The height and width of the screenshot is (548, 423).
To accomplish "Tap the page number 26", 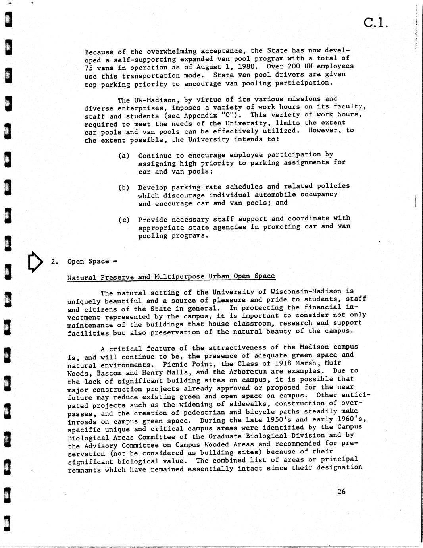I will pyautogui.click(x=341, y=492).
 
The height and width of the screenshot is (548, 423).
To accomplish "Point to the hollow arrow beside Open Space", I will pyautogui.click(x=36, y=261).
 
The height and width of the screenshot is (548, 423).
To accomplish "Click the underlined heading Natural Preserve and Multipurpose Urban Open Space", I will pyautogui.click(x=171, y=277).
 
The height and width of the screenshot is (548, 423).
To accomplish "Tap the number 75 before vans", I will pyautogui.click(x=88, y=68).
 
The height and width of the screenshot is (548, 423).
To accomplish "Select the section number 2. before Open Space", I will pyautogui.click(x=55, y=262).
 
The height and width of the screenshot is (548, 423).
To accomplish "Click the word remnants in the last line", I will pyautogui.click(x=84, y=470).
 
